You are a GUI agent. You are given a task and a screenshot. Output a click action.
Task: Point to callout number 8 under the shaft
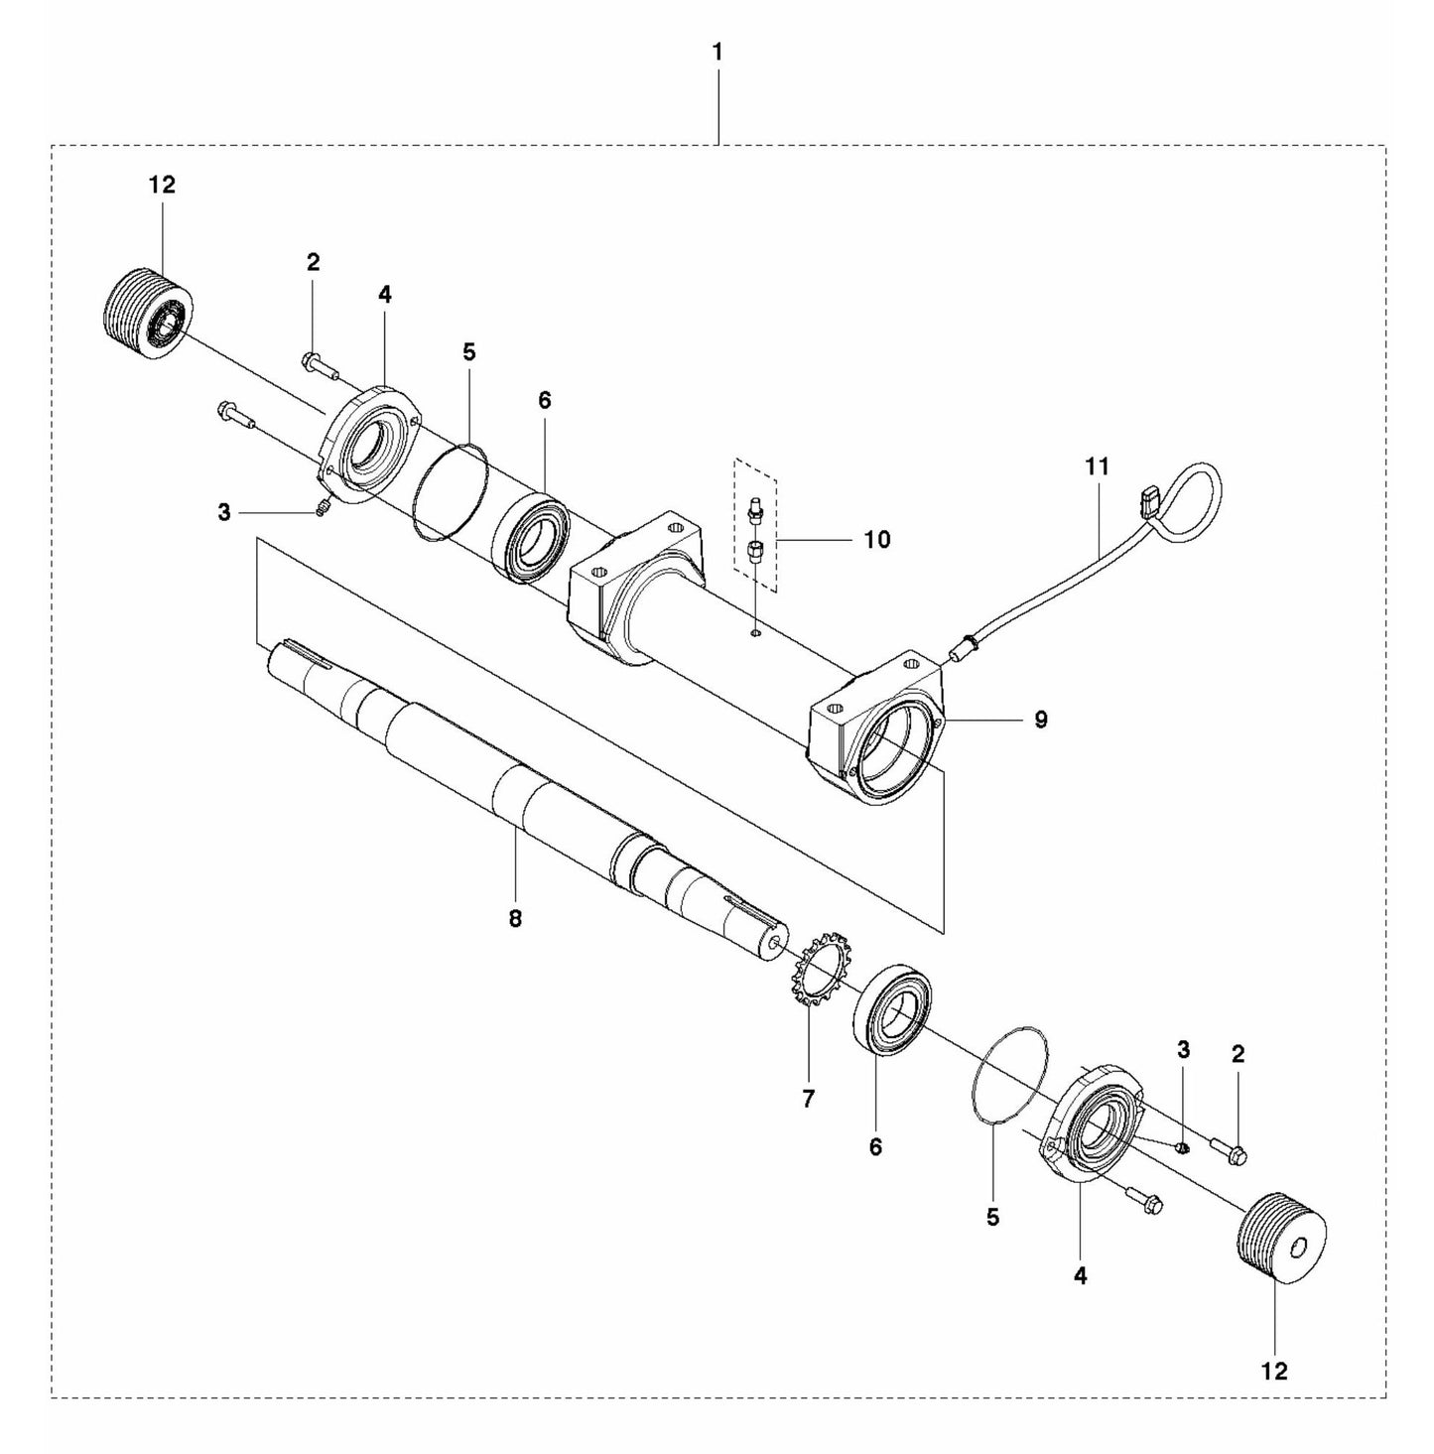pyautogui.click(x=515, y=919)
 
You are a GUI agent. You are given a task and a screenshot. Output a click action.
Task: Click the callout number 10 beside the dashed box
pyautogui.click(x=876, y=539)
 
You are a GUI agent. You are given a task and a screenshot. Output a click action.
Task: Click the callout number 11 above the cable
pyautogui.click(x=1098, y=465)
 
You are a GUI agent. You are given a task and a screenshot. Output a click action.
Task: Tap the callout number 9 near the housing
pyautogui.click(x=1040, y=720)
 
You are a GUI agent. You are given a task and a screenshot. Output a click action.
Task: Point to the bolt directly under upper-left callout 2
pyautogui.click(x=318, y=366)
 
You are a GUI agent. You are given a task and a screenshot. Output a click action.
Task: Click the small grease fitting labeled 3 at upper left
pyautogui.click(x=322, y=509)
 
